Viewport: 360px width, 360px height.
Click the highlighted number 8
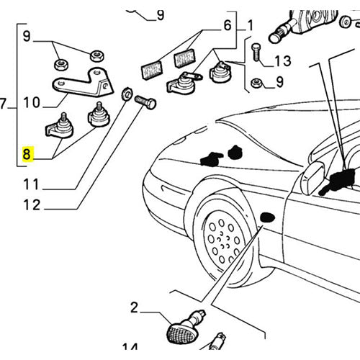tap(27, 153)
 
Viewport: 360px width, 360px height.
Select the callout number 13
tap(282, 60)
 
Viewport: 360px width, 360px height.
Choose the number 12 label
tap(31, 204)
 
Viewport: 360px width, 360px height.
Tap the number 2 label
tap(134, 310)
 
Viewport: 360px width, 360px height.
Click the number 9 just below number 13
tap(279, 84)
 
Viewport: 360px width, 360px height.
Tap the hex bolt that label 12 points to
tap(145, 102)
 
